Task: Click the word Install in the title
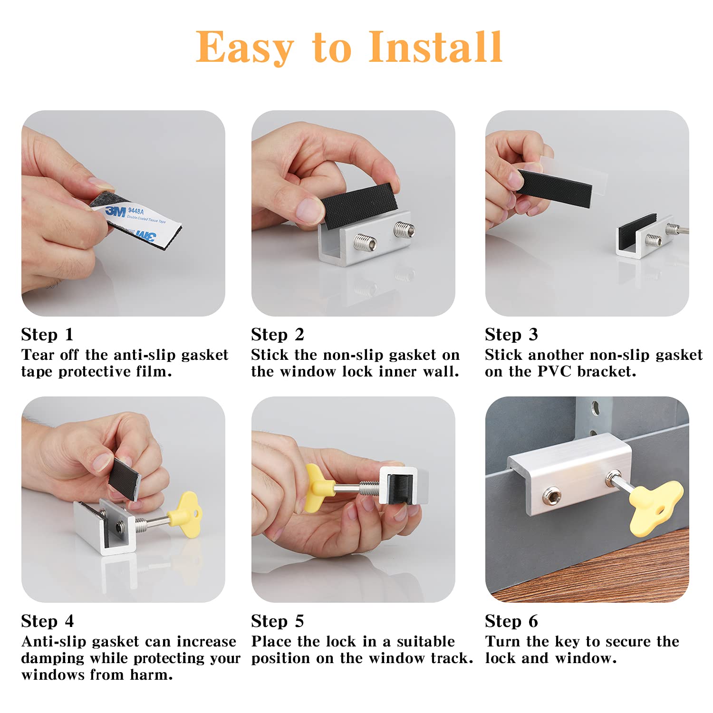click(435, 47)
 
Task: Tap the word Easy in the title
click(245, 48)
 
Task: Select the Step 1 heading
click(48, 335)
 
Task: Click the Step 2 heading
click(278, 335)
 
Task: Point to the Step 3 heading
click(511, 335)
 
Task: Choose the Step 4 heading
click(48, 621)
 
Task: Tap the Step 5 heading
click(278, 621)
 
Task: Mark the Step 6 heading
click(511, 621)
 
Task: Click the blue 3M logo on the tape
click(116, 211)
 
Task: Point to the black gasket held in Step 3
click(554, 188)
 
